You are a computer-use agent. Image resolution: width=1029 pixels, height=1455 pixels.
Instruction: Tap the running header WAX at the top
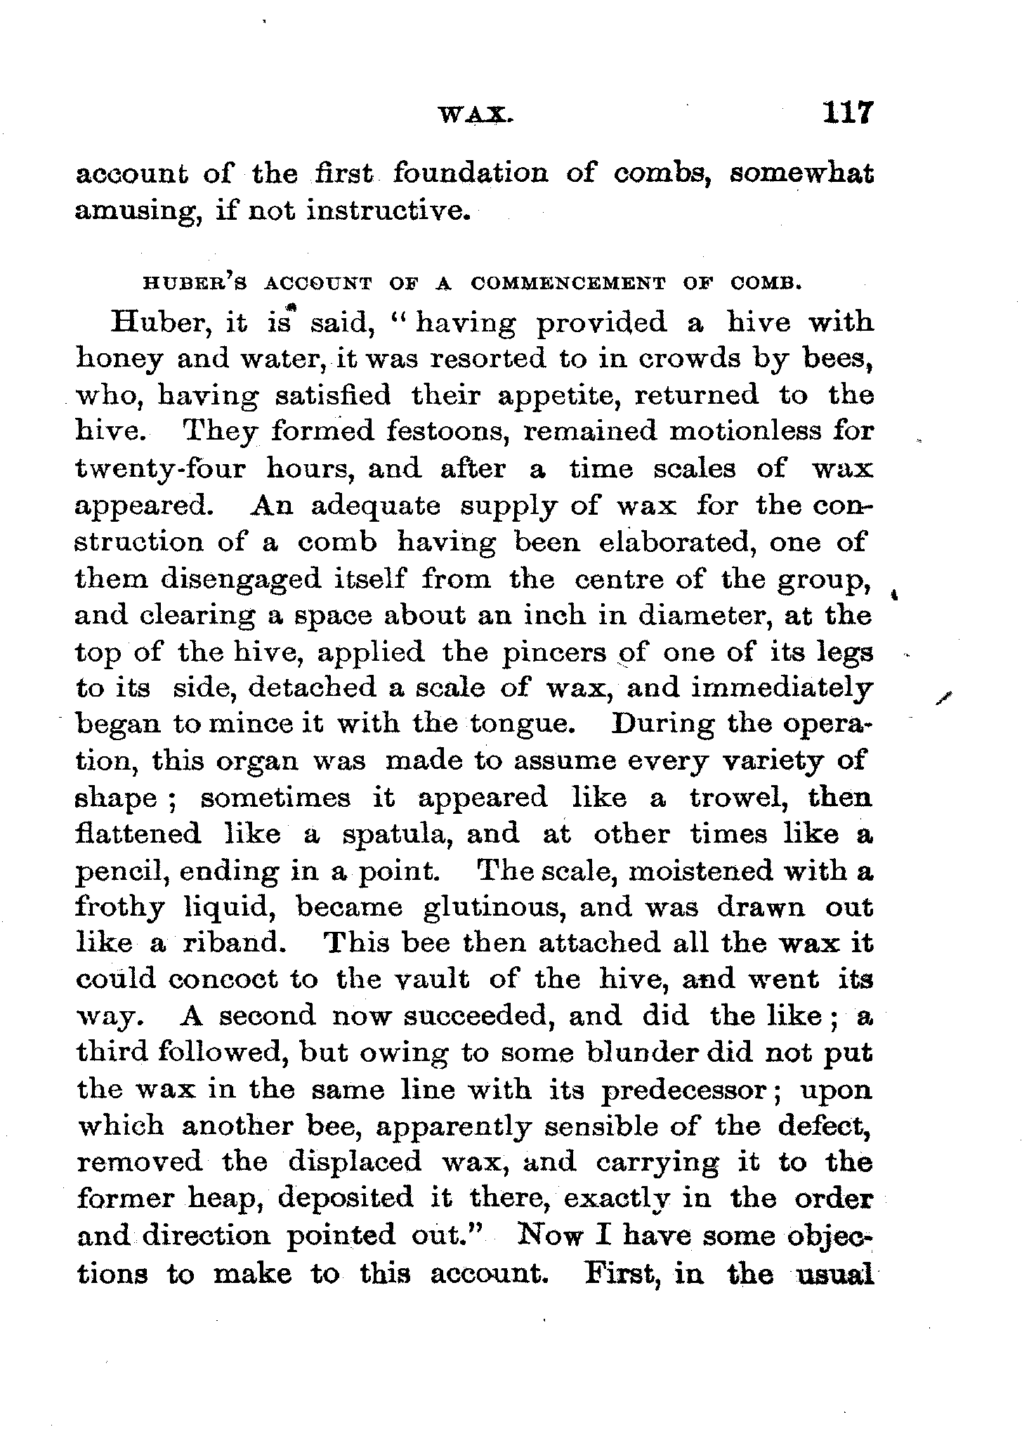(476, 114)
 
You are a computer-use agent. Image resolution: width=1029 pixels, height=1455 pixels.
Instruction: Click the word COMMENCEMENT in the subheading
(568, 284)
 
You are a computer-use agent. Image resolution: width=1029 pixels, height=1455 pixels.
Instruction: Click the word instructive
(387, 210)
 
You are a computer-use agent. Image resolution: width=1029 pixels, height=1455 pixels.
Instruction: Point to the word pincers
(554, 652)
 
